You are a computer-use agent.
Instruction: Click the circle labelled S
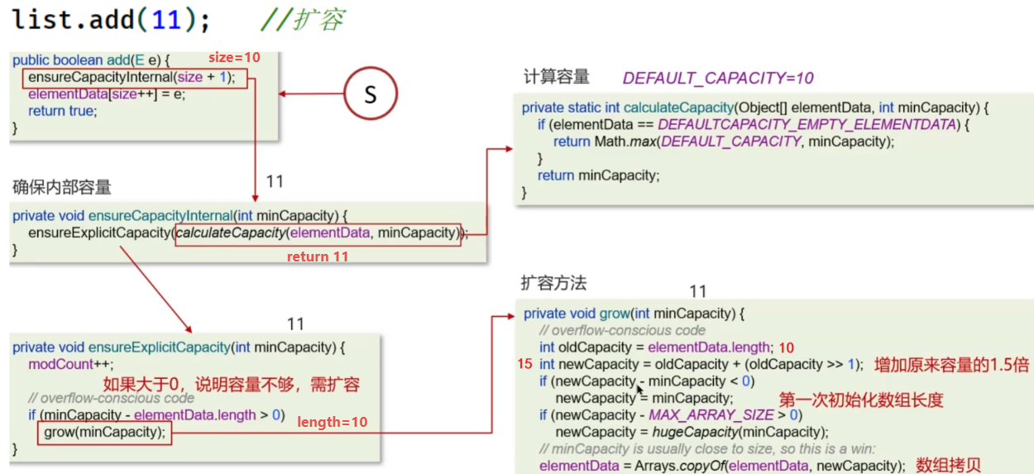(x=370, y=94)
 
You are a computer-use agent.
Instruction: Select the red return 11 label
(x=317, y=256)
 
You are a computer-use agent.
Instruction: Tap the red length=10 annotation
(x=333, y=422)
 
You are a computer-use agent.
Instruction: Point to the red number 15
(x=524, y=364)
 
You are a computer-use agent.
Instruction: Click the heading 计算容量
(x=556, y=77)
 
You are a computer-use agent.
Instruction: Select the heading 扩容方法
(x=553, y=283)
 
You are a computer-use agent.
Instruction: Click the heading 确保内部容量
(x=62, y=187)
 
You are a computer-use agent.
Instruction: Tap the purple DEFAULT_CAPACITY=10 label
(x=718, y=78)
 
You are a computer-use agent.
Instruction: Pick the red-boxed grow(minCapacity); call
(x=105, y=433)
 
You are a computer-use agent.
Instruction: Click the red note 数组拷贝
(x=948, y=465)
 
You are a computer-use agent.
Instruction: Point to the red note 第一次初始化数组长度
(x=860, y=400)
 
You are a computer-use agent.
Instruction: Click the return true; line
(x=62, y=111)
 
